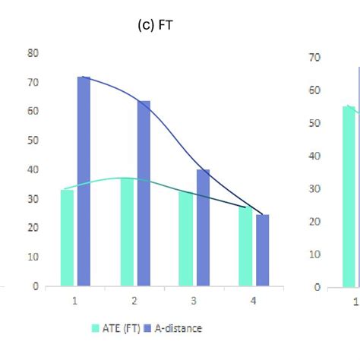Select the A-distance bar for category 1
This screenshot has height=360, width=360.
pos(84,182)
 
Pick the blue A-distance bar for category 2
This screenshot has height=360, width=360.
pos(144,194)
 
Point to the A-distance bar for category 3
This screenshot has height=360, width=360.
pos(203,228)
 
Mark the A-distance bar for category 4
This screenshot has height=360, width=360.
pos(262,251)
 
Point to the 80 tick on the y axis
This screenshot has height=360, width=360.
pos(33,53)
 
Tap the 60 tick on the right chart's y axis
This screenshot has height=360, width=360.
pos(314,90)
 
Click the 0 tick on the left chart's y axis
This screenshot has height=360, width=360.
pos(36,286)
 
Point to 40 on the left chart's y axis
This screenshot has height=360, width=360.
pos(33,169)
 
